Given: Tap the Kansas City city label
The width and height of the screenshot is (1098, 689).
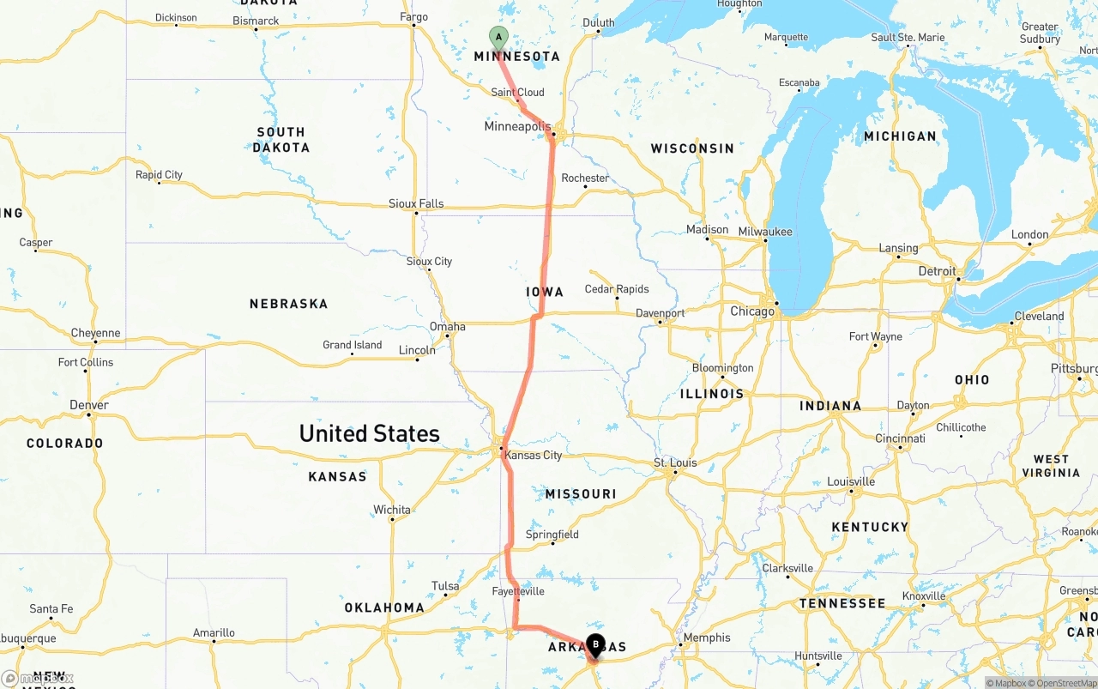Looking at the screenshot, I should click(534, 455).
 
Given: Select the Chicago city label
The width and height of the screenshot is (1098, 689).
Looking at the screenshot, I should click(752, 311).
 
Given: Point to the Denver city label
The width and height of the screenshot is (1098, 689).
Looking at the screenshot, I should click(89, 405).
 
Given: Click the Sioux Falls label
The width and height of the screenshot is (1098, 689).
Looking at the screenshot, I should click(416, 203).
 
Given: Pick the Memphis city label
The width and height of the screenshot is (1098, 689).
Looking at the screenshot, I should click(708, 638).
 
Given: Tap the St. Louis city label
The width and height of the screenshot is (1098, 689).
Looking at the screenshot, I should click(675, 462).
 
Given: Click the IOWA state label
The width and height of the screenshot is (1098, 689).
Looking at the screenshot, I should click(545, 292).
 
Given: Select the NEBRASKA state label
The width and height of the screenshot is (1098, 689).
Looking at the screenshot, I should click(288, 304).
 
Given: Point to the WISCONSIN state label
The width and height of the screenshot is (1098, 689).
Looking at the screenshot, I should click(692, 148).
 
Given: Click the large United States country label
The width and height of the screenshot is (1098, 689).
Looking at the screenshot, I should click(369, 433).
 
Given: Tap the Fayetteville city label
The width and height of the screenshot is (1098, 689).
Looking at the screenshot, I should click(518, 591).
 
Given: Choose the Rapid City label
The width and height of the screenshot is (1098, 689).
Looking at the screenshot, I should click(159, 174).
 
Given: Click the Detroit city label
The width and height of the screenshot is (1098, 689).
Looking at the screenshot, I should click(937, 271).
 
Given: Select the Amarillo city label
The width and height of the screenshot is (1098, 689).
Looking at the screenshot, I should click(214, 633).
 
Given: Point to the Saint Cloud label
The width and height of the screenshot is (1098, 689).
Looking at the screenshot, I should click(517, 92).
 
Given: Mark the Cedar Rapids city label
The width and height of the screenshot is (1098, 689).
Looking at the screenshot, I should click(617, 289).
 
